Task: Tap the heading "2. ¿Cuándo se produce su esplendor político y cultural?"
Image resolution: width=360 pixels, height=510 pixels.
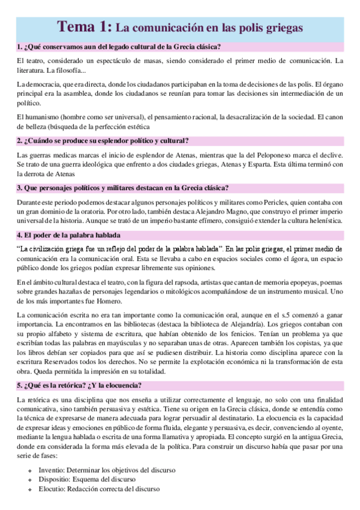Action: pos(103,141)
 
